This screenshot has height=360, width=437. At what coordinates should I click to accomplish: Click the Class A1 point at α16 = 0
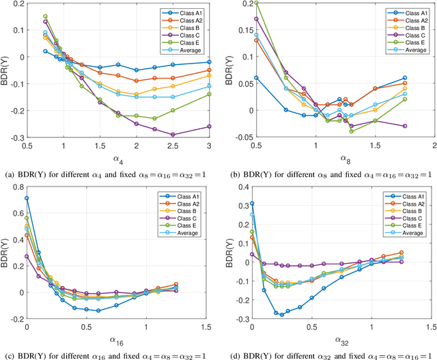coord(27,199)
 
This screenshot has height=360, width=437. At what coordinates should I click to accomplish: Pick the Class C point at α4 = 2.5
coord(173,135)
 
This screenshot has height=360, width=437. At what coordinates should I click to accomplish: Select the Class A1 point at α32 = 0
coord(252,204)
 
